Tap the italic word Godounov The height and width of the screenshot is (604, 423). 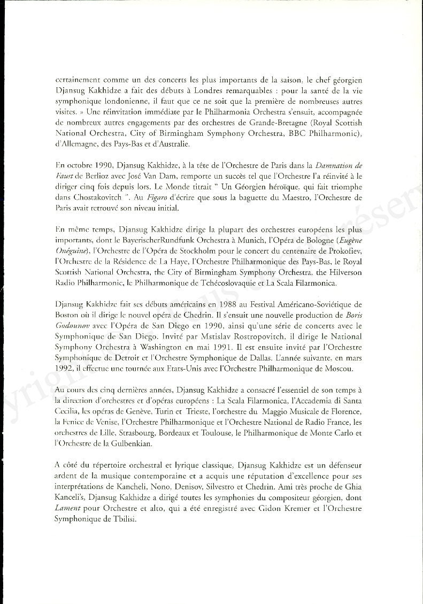74,325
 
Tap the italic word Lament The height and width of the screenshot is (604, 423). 67,508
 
